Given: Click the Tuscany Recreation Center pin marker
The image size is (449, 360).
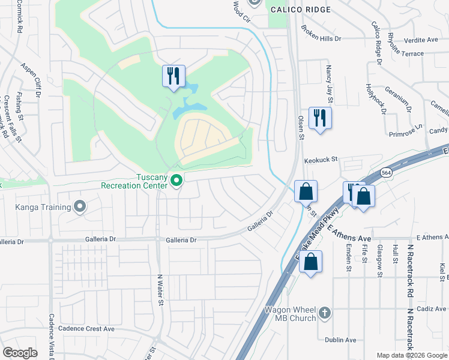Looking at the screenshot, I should point(176,180).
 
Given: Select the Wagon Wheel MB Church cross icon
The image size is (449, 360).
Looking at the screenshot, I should point(324,312).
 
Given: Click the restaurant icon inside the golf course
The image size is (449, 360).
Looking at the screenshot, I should point(173,76).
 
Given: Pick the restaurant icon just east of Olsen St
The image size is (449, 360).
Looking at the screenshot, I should point(320,118).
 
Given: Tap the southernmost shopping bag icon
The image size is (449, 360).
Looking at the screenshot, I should point(310,262).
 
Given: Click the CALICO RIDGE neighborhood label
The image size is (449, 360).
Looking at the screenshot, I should point(300,10).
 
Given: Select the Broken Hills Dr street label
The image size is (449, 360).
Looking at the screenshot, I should point(321,32).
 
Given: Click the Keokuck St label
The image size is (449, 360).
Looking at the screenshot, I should point(321,160).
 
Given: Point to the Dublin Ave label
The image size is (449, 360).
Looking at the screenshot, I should point(340,340).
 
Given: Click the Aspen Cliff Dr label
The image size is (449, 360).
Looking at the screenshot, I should point(31,79).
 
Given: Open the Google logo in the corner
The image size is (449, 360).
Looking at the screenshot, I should point(20,353).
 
